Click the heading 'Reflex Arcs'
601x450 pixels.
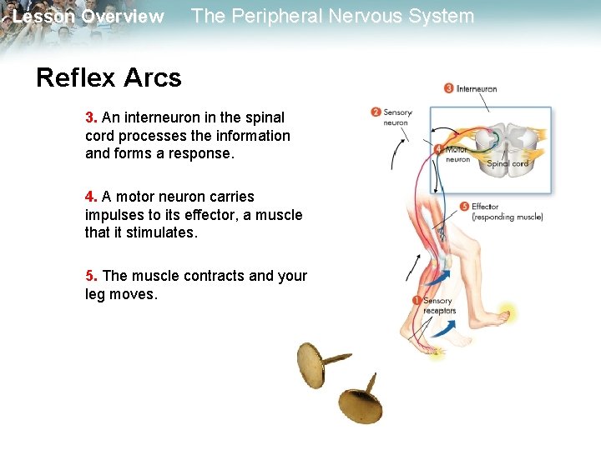[x=109, y=77]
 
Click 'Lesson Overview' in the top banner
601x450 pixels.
[x=88, y=17]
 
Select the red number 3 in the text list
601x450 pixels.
[x=90, y=117]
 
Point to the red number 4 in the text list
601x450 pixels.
[x=90, y=197]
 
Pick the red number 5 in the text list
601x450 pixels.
[x=90, y=276]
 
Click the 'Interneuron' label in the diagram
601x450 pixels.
[x=477, y=88]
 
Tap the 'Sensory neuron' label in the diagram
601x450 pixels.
[x=397, y=117]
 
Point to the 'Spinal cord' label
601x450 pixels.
[x=508, y=163]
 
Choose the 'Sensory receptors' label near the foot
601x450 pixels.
[x=439, y=306]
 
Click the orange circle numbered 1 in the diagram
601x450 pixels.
[x=417, y=300]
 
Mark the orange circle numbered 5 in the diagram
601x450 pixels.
[x=464, y=206]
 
